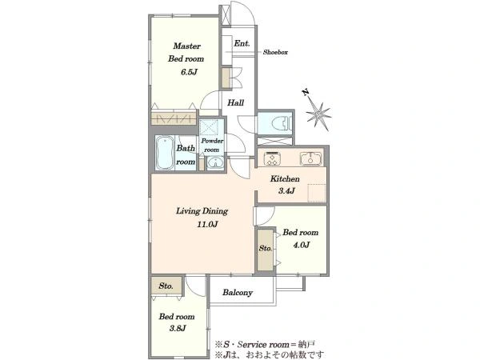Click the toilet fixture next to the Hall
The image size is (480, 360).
[x=281, y=122]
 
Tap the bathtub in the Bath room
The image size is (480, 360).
[x=165, y=153]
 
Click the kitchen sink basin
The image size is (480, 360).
[x=310, y=158]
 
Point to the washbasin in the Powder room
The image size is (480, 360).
[x=215, y=162]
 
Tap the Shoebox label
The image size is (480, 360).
[x=275, y=52]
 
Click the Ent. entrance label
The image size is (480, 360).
[x=242, y=43]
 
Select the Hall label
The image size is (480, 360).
[x=235, y=103]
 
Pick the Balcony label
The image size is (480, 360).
[x=238, y=293]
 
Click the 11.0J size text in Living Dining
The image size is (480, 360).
[x=207, y=224]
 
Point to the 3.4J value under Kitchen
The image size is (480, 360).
[x=286, y=191]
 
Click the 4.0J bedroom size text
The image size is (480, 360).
[x=302, y=246]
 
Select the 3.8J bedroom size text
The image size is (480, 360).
[x=178, y=329]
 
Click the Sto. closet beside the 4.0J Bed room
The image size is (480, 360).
[x=265, y=250]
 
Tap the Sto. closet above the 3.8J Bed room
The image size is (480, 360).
[x=166, y=286]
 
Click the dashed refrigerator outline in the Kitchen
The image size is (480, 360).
[x=317, y=193]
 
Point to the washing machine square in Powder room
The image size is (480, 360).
[x=209, y=127]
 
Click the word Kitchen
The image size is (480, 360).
[x=285, y=178]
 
